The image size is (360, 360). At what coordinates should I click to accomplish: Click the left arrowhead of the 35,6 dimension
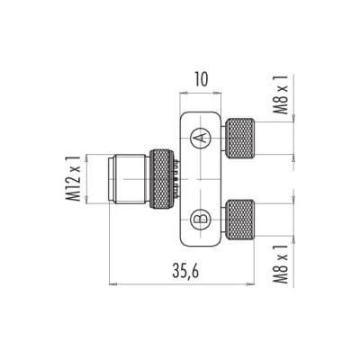112,283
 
